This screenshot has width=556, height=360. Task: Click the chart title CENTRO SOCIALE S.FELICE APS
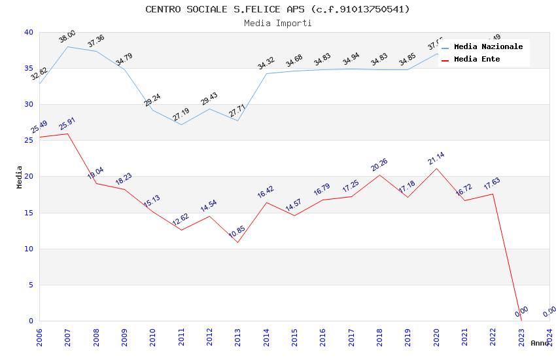277,9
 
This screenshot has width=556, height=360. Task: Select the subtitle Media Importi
277,23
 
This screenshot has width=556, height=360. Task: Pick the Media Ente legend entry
477,59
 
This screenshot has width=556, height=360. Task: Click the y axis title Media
19,177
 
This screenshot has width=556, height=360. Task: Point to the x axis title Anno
540,343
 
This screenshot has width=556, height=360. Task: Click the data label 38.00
67,35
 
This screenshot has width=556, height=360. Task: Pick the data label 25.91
67,123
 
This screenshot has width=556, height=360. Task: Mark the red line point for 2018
379,175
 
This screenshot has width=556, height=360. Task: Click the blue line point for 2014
266,73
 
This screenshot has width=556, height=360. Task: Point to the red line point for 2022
493,194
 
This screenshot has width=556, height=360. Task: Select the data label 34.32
266,63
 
